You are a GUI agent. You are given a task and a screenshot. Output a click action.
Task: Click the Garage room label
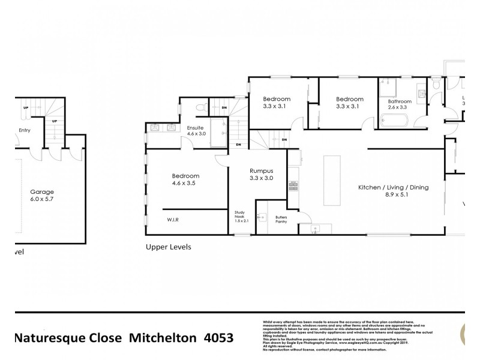click(41, 193)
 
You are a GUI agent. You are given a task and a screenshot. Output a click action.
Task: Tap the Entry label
click(24, 130)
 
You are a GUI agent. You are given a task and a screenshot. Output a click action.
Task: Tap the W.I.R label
click(173, 220)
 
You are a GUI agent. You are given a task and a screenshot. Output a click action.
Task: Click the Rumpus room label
click(261, 170)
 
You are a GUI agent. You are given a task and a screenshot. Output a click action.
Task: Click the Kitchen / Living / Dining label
click(393, 188)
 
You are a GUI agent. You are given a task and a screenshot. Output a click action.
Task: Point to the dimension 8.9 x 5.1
click(393, 195)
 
